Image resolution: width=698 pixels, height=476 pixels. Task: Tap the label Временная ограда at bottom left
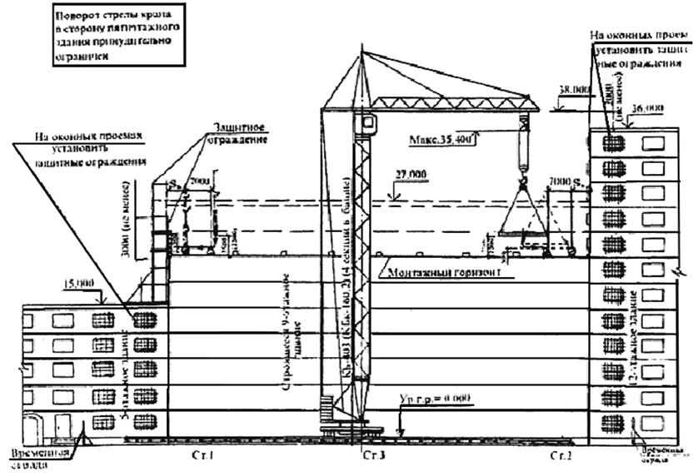pos(38,459)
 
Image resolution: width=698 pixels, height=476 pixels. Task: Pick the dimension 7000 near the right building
pos(559,181)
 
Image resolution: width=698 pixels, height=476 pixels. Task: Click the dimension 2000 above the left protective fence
pos(200,181)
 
